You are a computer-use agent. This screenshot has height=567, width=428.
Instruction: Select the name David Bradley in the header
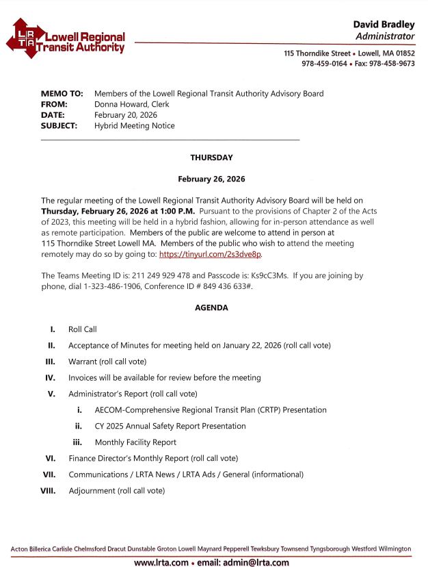(384, 25)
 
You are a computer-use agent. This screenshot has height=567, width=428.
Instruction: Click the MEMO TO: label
(62, 93)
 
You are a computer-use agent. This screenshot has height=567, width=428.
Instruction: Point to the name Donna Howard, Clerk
(132, 104)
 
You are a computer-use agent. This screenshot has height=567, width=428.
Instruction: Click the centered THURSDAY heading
(211, 157)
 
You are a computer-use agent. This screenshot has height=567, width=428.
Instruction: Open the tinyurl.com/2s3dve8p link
(210, 254)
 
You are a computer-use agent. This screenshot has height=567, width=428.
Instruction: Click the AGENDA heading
(211, 308)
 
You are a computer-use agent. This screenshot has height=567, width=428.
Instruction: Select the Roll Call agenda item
(83, 329)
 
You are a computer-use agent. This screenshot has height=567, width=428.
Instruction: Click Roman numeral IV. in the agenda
(50, 377)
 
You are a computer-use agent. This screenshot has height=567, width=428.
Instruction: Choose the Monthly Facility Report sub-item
(135, 442)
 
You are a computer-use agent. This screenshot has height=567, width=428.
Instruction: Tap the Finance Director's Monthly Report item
(153, 458)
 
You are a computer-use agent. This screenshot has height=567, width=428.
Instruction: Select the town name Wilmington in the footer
(392, 549)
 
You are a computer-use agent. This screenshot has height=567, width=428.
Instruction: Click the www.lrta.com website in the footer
(161, 562)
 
